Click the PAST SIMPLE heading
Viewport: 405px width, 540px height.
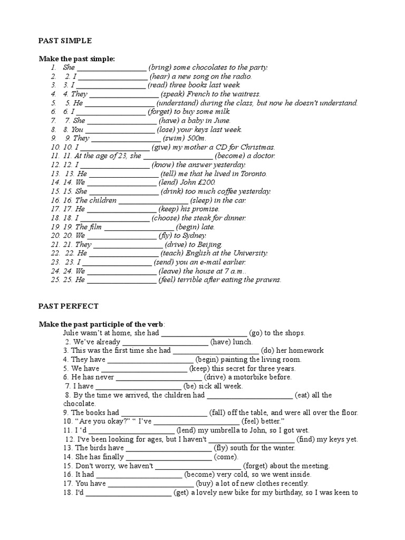coord(65,40)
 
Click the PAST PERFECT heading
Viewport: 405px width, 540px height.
coord(69,306)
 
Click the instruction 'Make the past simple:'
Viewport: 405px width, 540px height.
coord(76,59)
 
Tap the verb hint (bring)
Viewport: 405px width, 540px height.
coord(161,67)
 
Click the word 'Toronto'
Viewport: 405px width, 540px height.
coord(254,173)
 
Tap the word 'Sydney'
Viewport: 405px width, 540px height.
coord(194,236)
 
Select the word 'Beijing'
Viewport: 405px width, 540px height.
coord(209,245)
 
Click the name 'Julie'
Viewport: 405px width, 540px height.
coord(72,333)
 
